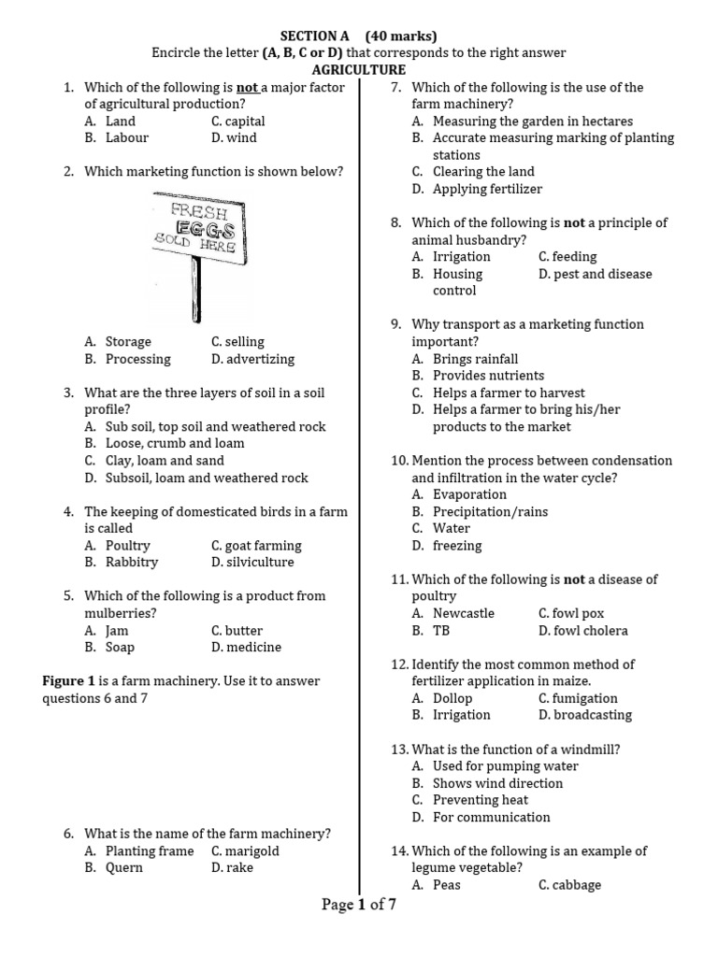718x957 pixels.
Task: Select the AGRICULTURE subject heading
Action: [x=359, y=70]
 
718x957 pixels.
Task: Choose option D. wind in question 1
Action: [x=234, y=138]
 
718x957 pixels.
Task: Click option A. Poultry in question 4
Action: [x=117, y=546]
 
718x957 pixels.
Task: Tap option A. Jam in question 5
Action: [x=106, y=631]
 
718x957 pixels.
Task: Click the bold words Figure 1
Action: [x=69, y=681]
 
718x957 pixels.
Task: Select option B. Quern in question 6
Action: [x=113, y=868]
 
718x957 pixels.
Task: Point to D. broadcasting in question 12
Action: [x=585, y=716]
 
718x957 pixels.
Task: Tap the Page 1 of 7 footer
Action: [x=359, y=905]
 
